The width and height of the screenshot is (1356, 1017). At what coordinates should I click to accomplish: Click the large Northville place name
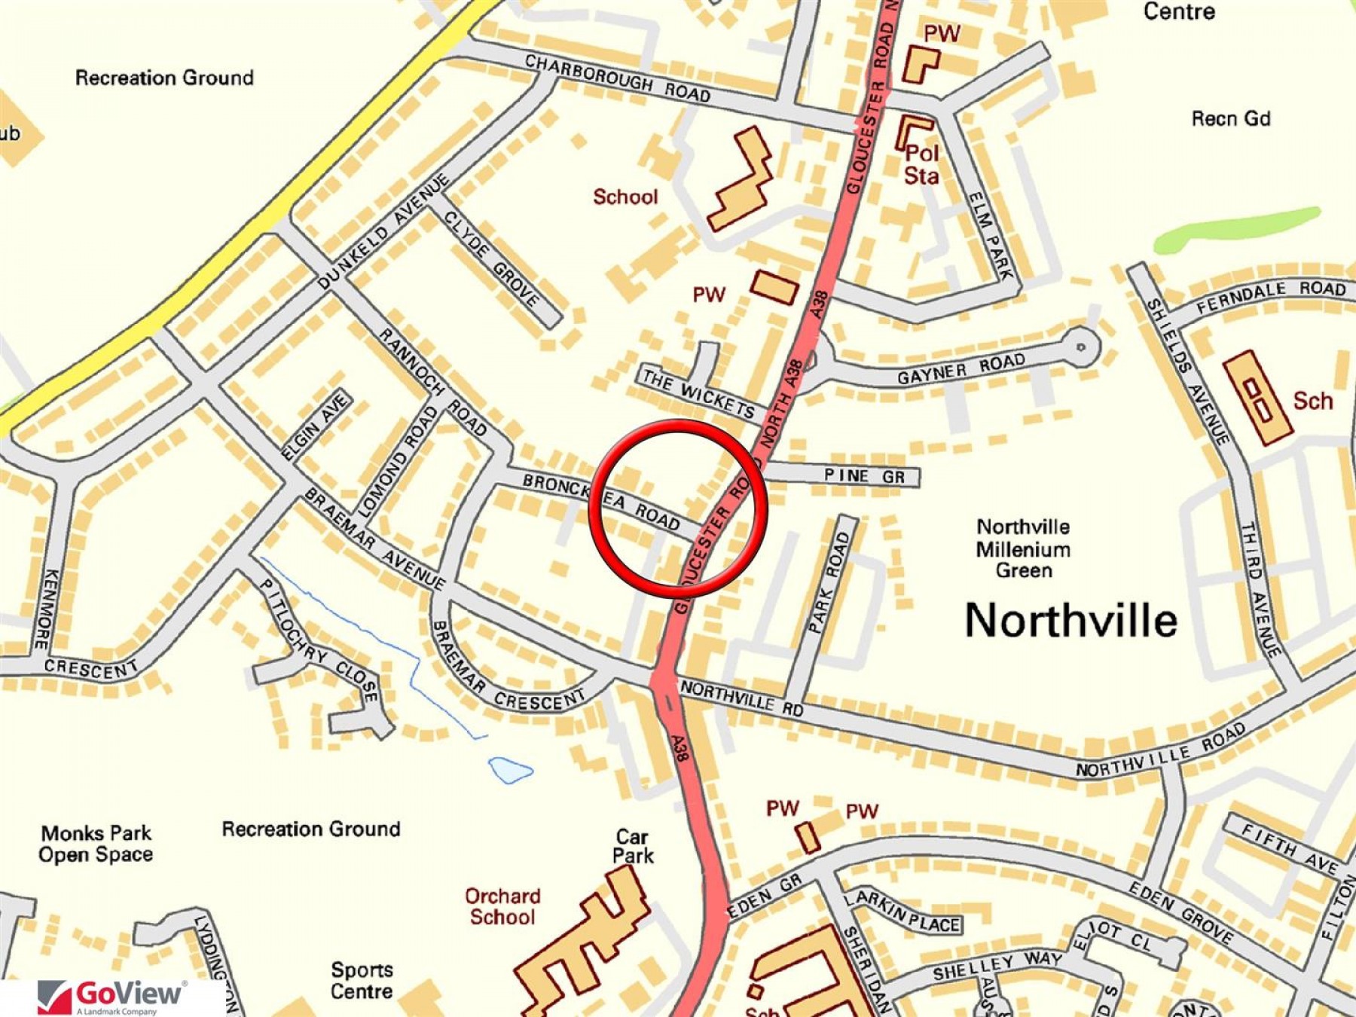(x=1070, y=621)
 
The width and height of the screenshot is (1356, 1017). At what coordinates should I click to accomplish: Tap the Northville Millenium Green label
(x=1023, y=548)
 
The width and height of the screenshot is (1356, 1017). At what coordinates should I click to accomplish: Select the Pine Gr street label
(x=864, y=476)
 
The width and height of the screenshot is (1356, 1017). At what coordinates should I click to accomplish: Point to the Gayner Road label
(x=960, y=368)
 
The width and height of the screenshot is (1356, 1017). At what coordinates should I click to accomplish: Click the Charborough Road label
(x=618, y=78)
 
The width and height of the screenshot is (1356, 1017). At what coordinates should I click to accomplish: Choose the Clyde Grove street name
(x=492, y=258)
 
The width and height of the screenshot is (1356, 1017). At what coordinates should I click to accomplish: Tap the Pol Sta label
(x=921, y=164)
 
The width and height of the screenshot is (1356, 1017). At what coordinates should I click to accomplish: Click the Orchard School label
(x=502, y=906)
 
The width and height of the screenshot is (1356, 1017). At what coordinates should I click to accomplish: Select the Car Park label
(x=632, y=846)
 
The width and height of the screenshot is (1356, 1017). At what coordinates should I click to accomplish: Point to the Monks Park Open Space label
(x=96, y=844)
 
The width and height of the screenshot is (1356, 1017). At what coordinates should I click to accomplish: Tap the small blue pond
(x=510, y=769)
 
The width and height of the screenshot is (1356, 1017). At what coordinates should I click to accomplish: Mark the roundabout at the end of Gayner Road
(x=1080, y=347)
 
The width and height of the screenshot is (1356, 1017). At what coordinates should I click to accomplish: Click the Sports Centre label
(x=362, y=980)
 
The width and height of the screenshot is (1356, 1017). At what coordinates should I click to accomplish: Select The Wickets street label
(x=698, y=393)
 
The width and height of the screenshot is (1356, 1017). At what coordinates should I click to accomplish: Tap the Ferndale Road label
(x=1271, y=296)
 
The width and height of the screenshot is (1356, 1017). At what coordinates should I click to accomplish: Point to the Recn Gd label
(x=1230, y=119)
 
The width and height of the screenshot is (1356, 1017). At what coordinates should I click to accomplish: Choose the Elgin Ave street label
(x=316, y=426)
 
